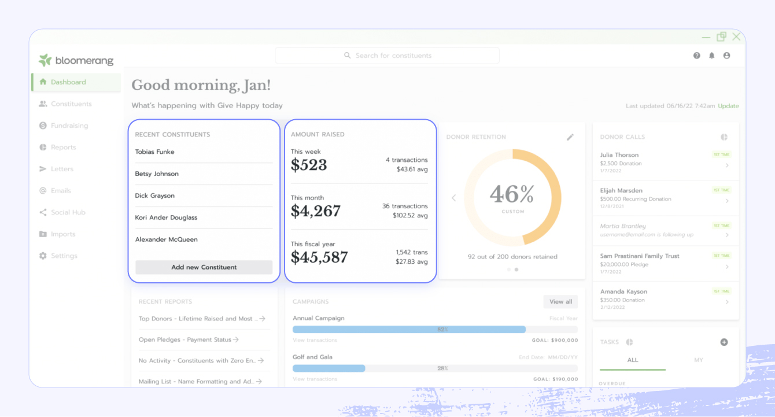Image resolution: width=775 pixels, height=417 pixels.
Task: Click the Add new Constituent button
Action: click(204, 267)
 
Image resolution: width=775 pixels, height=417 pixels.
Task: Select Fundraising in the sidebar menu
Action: click(69, 126)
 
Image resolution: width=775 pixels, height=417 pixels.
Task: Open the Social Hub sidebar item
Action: click(68, 212)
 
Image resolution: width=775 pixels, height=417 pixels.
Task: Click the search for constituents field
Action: click(387, 56)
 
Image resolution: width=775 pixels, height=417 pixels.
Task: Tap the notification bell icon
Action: click(712, 56)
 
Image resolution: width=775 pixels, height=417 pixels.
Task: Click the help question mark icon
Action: click(697, 56)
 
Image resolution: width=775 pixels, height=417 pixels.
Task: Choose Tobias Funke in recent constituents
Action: click(154, 152)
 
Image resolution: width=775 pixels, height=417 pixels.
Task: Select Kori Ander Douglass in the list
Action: click(166, 217)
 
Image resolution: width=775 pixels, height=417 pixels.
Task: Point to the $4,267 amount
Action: click(315, 211)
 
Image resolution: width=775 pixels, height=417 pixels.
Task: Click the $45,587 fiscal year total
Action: click(319, 257)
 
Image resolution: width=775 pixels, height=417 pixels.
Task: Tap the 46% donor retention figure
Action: click(512, 194)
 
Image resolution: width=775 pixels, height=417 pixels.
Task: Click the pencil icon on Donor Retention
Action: click(570, 137)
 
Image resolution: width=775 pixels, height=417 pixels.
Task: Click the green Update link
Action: click(728, 106)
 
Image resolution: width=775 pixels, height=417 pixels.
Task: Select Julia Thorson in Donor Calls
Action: click(619, 155)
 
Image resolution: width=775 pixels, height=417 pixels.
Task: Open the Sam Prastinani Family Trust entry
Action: click(640, 256)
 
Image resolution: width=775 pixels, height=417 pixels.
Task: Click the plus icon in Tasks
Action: click(724, 342)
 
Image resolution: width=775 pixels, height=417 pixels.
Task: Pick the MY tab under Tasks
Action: click(699, 360)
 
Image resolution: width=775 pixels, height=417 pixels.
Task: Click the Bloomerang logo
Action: click(76, 60)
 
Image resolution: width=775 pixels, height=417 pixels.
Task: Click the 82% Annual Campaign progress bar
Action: click(409, 329)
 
